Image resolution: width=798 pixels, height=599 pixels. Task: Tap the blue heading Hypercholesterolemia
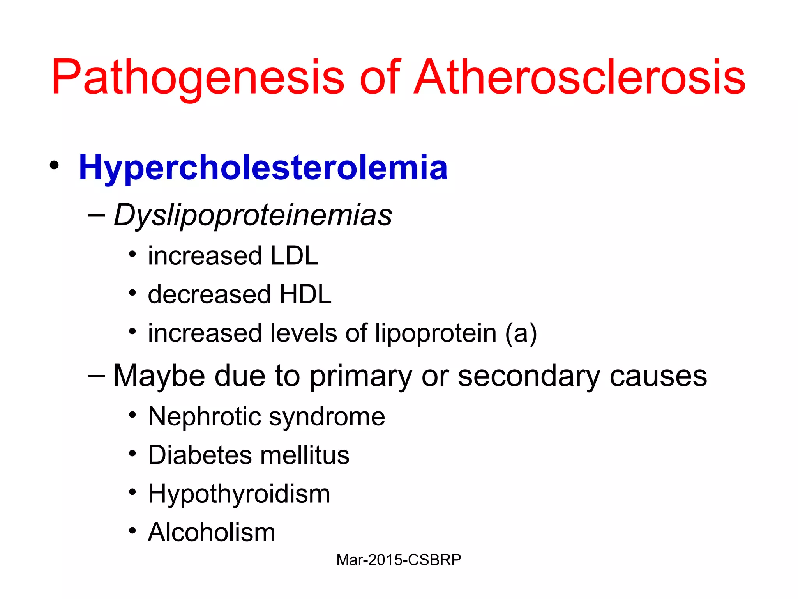[x=263, y=168]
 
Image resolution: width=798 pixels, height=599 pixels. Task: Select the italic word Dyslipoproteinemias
[x=253, y=215]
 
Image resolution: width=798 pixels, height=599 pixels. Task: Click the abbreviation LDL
[x=294, y=256]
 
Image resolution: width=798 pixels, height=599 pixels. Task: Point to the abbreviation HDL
[x=305, y=294]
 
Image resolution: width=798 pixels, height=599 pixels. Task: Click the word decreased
[x=209, y=294]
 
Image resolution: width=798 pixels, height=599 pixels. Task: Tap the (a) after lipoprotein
[x=521, y=333]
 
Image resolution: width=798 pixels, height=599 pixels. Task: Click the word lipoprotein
[x=436, y=333]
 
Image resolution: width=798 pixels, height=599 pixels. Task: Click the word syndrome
[x=327, y=416]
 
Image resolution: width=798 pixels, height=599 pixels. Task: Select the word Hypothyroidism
[x=239, y=494]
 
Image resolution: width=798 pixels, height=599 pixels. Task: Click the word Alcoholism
[x=212, y=532]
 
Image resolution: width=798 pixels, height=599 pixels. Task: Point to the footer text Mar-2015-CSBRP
[x=399, y=560]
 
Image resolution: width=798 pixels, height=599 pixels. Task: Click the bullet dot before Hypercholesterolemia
[x=54, y=165]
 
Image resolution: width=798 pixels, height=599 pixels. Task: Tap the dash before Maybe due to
[x=96, y=375]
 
